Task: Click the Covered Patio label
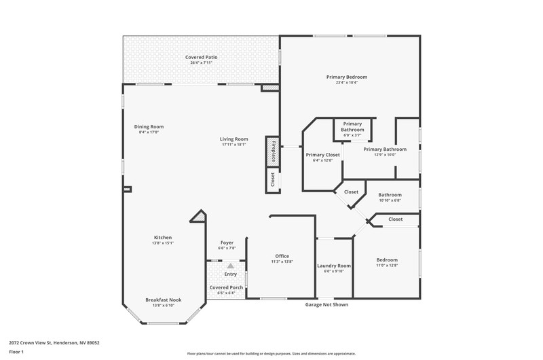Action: click(x=201, y=57)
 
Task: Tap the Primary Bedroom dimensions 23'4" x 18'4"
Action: click(x=347, y=82)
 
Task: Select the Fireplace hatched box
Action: click(x=273, y=151)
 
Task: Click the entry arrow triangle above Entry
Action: click(x=230, y=266)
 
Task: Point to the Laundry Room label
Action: click(x=334, y=266)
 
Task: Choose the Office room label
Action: click(x=282, y=256)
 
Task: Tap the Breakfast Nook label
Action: click(x=164, y=300)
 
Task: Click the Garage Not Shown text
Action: click(x=326, y=304)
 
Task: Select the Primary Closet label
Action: click(x=323, y=155)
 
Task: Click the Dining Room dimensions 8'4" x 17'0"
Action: click(x=149, y=132)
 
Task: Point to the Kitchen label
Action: click(x=163, y=237)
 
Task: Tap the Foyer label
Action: click(x=227, y=242)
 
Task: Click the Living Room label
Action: click(x=233, y=139)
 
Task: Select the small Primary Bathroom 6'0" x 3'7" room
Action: click(x=352, y=130)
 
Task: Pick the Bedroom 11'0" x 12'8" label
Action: click(x=387, y=260)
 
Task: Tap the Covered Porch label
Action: click(x=226, y=287)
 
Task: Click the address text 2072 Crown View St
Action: click(x=31, y=342)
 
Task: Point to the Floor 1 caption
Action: click(x=16, y=352)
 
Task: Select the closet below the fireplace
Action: click(x=273, y=180)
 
